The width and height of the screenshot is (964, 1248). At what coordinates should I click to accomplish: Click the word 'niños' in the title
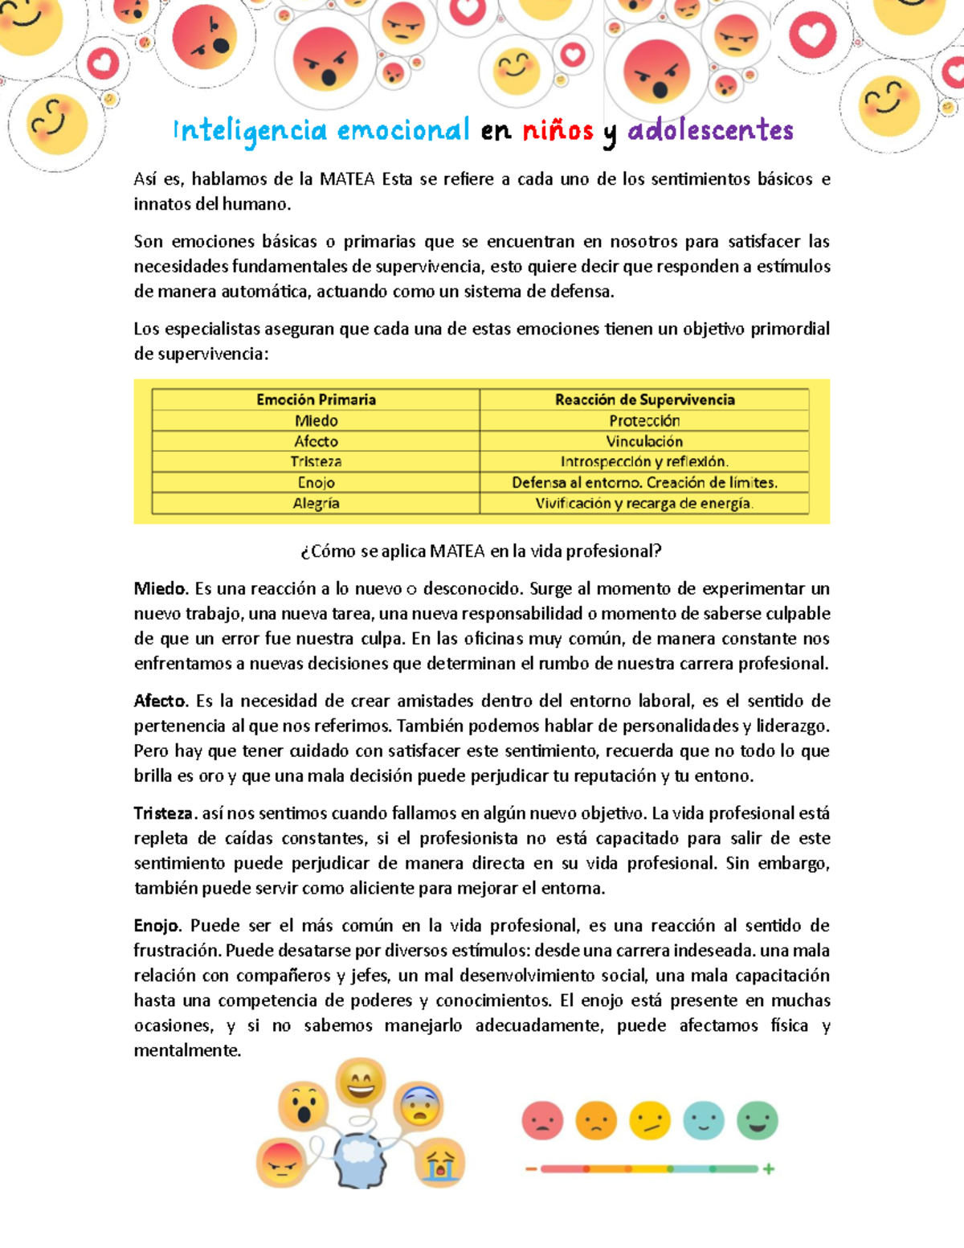[x=558, y=130]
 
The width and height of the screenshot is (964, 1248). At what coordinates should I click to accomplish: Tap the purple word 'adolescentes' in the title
[x=710, y=130]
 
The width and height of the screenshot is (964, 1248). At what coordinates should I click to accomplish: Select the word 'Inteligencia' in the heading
[x=251, y=131]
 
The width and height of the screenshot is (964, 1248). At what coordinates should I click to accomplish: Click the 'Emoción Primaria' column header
[x=316, y=399]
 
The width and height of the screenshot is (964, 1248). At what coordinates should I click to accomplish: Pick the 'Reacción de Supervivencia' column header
[x=644, y=399]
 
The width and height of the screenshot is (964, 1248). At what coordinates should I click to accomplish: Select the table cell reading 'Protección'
[x=644, y=420]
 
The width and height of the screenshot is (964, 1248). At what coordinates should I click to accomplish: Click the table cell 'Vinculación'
[x=644, y=441]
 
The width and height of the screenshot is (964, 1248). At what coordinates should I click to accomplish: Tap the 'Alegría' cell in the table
[x=316, y=503]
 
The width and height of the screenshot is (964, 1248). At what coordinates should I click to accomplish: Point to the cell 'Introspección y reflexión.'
[x=644, y=461]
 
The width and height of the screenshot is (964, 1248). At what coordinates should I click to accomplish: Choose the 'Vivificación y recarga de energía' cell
[x=644, y=503]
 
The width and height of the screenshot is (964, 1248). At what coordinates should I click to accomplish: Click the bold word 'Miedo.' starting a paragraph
[x=161, y=589]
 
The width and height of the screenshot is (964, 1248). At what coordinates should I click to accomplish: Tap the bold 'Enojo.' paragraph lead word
[x=158, y=926]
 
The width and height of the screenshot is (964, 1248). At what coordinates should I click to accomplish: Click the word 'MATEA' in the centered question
[x=457, y=551]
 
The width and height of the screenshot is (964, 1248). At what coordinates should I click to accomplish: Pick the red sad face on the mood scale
[x=542, y=1120]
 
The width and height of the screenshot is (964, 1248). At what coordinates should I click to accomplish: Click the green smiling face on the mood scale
[x=758, y=1120]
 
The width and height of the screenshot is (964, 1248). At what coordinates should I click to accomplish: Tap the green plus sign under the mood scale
[x=769, y=1169]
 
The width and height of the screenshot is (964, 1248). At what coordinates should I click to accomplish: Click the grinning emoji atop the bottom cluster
[x=361, y=1082]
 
